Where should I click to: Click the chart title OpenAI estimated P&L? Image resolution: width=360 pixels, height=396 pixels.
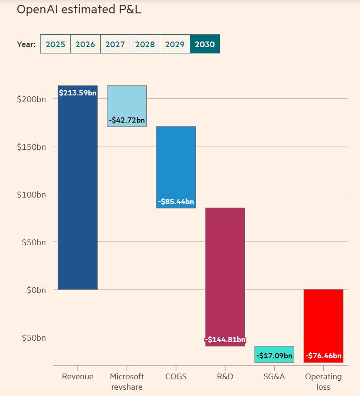click(79, 10)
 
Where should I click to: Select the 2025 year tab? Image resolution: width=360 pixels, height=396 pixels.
click(55, 44)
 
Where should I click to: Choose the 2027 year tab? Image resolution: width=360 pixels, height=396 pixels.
click(115, 44)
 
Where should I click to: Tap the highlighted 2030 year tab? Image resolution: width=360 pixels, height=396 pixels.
click(205, 44)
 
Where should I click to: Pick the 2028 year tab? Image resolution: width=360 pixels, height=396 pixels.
click(145, 44)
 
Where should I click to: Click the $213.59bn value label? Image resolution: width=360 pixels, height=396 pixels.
click(78, 93)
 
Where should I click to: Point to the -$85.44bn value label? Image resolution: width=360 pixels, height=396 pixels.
click(176, 202)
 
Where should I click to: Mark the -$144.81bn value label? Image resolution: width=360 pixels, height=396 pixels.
click(225, 340)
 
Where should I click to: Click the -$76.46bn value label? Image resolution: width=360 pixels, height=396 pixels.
click(323, 355)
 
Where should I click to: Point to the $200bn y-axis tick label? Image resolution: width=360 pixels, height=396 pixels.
click(31, 99)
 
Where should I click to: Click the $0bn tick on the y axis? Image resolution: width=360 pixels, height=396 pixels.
click(34, 290)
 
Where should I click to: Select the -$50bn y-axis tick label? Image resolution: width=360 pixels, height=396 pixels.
click(32, 337)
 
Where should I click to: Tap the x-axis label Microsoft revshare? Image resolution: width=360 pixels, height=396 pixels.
click(127, 382)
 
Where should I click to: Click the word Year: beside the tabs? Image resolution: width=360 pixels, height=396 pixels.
click(26, 44)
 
